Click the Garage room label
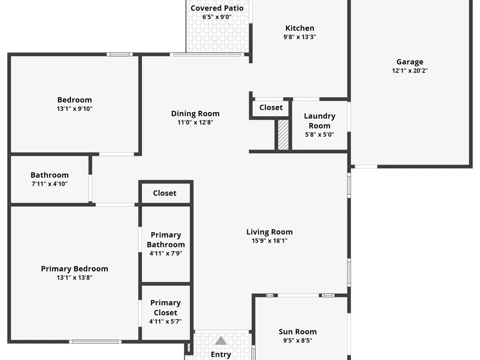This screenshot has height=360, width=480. [x=409, y=62]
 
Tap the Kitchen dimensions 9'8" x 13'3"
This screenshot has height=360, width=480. [x=300, y=37]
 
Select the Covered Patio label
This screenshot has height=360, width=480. [x=217, y=8]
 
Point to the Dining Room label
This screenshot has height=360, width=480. [x=195, y=114]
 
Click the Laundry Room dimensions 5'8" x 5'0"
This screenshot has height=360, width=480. [x=319, y=134]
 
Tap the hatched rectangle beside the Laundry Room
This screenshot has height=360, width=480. [x=283, y=135]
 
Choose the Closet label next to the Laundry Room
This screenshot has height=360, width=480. [x=271, y=108]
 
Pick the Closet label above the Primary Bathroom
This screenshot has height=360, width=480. [x=165, y=193]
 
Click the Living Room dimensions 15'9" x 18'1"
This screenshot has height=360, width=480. [x=269, y=241]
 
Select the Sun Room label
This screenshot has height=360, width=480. [x=298, y=332]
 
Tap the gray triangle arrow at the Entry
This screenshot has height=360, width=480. [x=221, y=340]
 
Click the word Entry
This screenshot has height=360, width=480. [x=221, y=355]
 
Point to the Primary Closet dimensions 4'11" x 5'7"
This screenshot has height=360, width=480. [x=165, y=322]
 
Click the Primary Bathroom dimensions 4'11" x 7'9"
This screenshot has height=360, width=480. [x=166, y=253]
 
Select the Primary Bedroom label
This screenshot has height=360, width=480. [x=74, y=269]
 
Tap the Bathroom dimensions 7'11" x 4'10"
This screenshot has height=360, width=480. [x=49, y=184]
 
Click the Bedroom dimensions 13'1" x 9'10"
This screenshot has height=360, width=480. [x=74, y=108]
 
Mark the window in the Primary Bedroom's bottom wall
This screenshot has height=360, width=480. [x=95, y=342]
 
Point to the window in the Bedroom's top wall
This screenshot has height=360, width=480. [x=120, y=55]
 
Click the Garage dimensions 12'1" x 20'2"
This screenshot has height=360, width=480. [x=409, y=71]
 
